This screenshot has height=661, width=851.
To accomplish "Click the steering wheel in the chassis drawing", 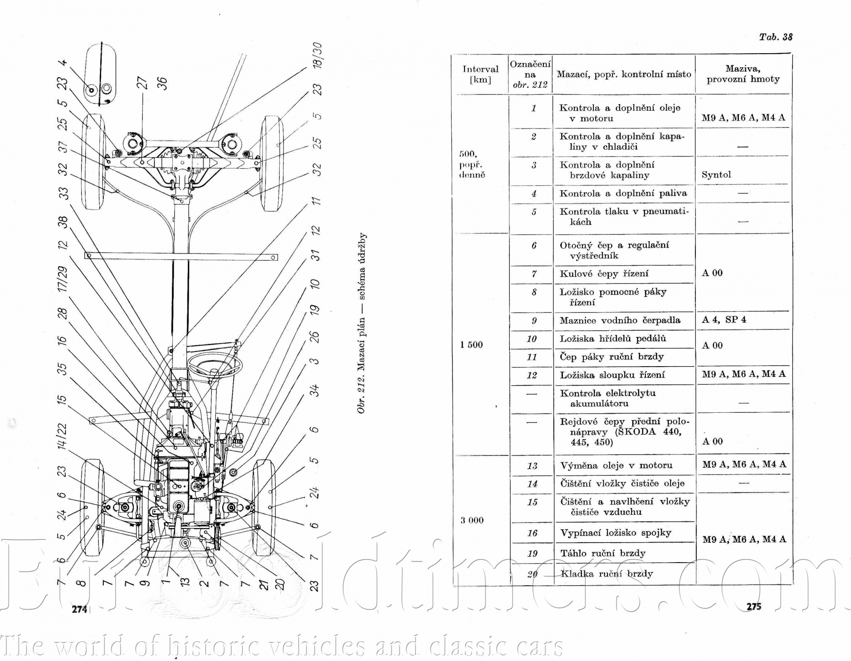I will tap(215, 366).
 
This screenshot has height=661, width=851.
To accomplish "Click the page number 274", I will tap(80, 609).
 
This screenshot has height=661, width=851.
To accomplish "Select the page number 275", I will tap(753, 606).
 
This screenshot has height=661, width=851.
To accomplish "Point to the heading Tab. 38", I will tap(775, 37).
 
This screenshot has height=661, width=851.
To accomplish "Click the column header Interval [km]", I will tap(480, 74).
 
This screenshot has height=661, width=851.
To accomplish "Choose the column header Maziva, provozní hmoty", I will tap(743, 74).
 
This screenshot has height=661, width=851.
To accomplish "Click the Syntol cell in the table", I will tap(716, 175).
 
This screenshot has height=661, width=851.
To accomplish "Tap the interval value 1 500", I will tap(471, 345).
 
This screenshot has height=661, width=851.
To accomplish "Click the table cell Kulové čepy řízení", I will tap(604, 274).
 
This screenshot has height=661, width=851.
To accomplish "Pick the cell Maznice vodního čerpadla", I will tap(620, 321).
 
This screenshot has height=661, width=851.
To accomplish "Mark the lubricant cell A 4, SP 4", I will tap(724, 320).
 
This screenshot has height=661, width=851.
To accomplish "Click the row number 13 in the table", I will tap(532, 466).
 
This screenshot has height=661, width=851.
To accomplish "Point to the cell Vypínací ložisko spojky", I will tap(616, 533).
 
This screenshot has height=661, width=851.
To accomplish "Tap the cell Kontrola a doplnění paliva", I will tap(623, 194).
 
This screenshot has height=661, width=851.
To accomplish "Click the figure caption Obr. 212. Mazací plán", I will tap(362, 324).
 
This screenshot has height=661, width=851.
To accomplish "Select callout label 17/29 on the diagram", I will tap(62, 279).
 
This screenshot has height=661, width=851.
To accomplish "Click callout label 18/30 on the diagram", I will tap(317, 55).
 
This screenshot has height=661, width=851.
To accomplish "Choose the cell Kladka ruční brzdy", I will tap(606, 574).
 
